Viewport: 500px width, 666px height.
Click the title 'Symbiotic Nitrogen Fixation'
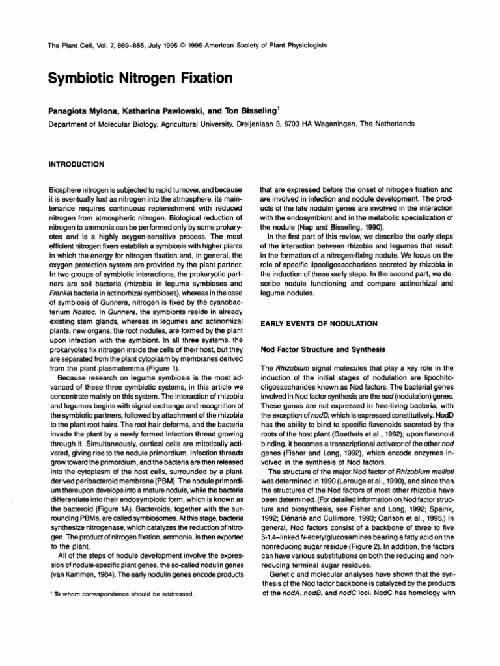141,78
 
